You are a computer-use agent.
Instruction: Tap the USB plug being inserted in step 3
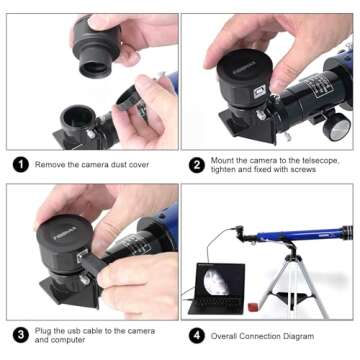click(84, 262)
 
